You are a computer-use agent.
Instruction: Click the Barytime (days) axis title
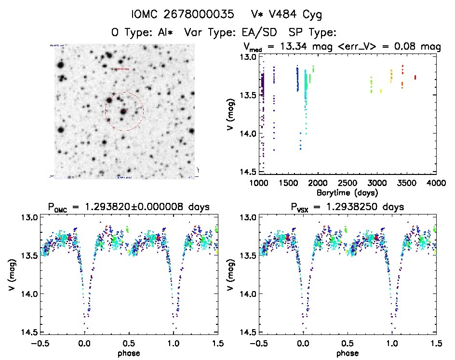[348, 192]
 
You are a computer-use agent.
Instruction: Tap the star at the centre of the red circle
[124, 111]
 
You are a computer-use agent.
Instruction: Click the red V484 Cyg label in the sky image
[121, 69]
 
